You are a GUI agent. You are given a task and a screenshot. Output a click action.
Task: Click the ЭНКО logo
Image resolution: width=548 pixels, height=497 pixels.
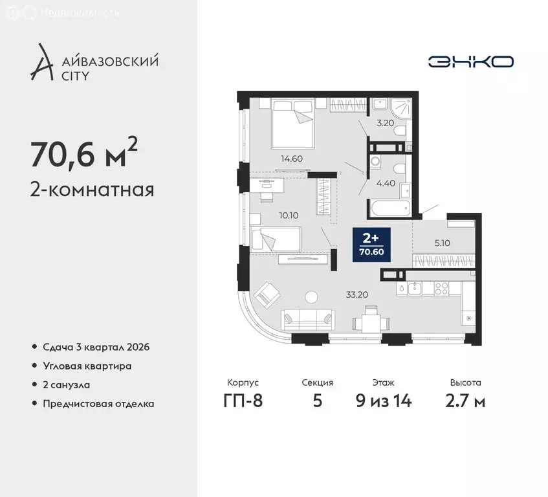pos(470,61)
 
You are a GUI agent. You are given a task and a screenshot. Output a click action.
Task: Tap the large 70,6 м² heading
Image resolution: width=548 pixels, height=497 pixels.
pos(83,153)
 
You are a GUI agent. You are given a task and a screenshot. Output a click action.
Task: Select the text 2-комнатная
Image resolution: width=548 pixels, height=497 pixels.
pos(92,190)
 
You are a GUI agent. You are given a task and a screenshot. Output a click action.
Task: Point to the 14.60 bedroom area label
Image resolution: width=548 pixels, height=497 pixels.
pos(291,158)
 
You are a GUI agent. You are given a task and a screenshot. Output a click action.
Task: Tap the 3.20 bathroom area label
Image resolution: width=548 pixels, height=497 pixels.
pos(385,121)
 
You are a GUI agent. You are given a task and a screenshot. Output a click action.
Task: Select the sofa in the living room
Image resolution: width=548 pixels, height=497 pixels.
pos(309,318)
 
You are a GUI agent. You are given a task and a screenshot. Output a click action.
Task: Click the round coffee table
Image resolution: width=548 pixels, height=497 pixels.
pos(312,296)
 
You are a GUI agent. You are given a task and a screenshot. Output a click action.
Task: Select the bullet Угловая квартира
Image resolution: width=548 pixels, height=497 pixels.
pos(87,366)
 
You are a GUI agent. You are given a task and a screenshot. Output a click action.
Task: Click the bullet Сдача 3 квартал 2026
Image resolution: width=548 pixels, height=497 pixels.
pos(96,348)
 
